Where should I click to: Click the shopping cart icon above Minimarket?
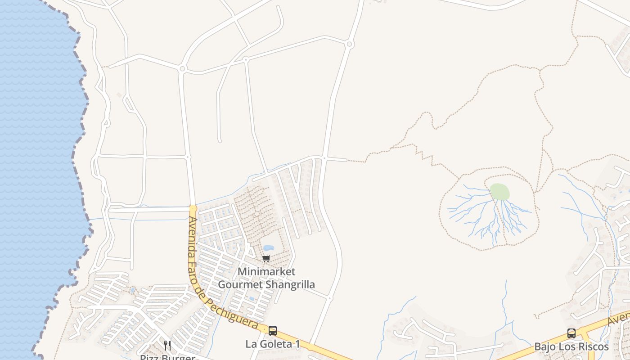tap(266, 258)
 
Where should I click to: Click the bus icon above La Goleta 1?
tap(273, 331)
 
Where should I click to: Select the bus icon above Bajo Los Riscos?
tap(571, 333)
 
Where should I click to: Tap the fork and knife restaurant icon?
tap(167, 346)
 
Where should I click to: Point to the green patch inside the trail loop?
tap(499, 192)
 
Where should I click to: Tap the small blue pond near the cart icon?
tap(268, 248)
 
